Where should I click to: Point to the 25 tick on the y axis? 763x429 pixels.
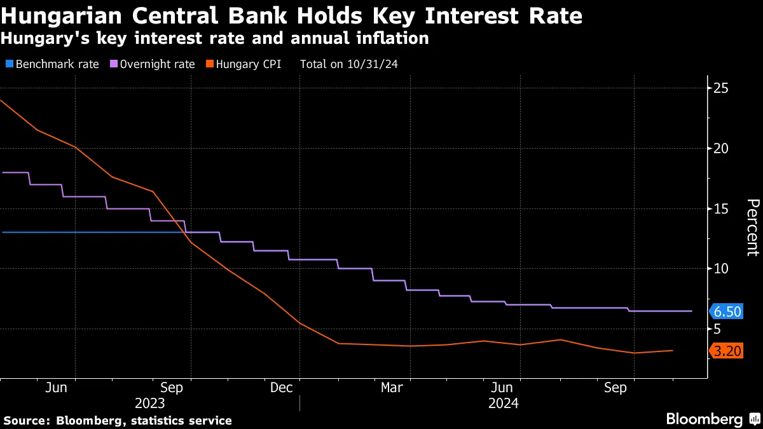click(x=721, y=88)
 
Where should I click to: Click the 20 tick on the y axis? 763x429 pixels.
click(x=721, y=149)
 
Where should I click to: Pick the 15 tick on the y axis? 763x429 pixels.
click(x=721, y=209)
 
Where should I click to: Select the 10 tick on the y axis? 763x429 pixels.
click(x=721, y=269)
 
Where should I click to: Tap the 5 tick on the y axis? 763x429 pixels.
click(x=718, y=329)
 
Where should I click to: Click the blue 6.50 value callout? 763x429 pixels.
click(x=727, y=311)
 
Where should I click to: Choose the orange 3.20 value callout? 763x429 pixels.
click(x=727, y=351)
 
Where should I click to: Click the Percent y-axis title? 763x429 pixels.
click(x=752, y=227)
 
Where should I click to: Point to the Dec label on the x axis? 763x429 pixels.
click(x=281, y=387)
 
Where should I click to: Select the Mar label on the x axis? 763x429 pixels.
click(x=392, y=387)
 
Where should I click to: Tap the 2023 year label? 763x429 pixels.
click(x=150, y=404)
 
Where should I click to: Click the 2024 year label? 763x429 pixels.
click(x=503, y=404)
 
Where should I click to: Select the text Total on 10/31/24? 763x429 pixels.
click(x=349, y=64)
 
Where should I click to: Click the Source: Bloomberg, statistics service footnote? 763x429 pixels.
click(x=118, y=421)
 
